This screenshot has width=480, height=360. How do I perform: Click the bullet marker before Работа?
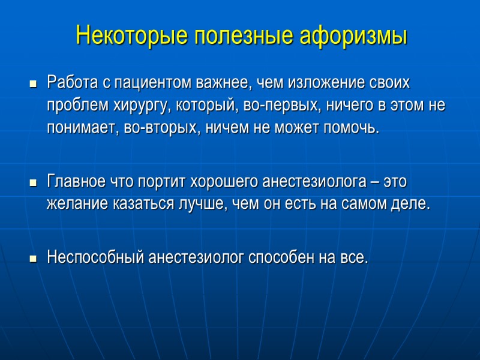pos(34,83)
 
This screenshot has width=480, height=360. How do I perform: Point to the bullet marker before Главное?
pos(34,182)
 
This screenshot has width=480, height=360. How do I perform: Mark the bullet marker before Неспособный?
pos(34,259)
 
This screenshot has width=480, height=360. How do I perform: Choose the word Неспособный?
pos(95,258)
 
